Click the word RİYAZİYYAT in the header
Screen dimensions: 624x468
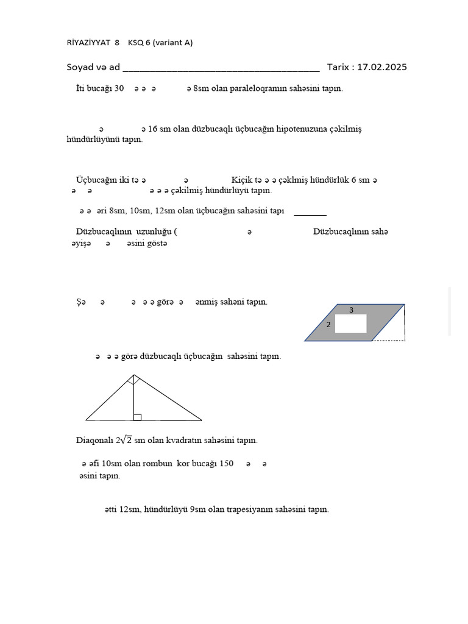88,43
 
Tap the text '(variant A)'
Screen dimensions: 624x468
172,43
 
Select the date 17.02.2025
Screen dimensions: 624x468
382,67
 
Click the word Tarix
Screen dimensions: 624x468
338,67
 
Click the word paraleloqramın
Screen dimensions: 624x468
250,88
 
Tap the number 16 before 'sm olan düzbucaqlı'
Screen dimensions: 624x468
153,129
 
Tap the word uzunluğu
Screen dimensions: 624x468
154,232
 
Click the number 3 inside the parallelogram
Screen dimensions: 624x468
352,310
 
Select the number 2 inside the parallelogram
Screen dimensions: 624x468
328,325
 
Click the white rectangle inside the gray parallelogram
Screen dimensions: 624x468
351,324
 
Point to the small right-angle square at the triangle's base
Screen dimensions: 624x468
138,417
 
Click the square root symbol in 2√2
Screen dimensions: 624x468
128,439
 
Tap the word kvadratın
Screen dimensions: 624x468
183,440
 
